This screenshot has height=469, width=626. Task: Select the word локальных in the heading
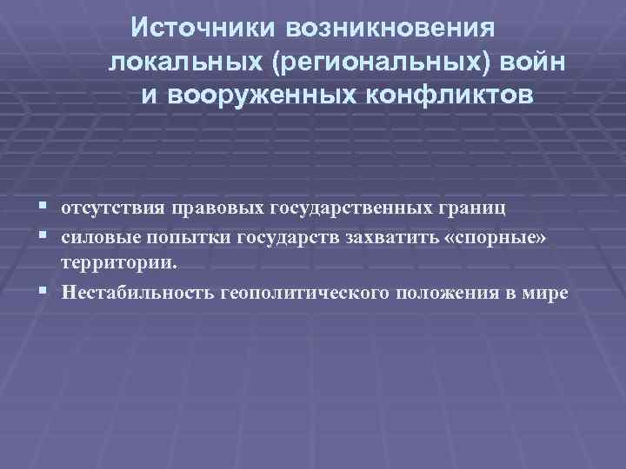click(x=185, y=62)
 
